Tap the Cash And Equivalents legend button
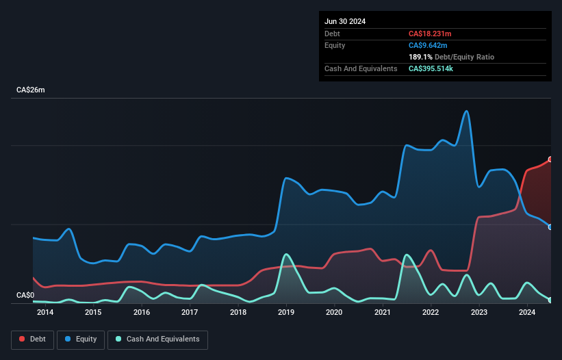[x=157, y=339]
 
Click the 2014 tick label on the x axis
[x=45, y=313]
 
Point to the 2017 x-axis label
[x=190, y=313]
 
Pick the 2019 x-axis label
[x=286, y=313]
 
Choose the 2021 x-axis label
[x=383, y=313]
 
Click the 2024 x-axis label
[x=527, y=313]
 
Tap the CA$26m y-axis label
[x=31, y=90]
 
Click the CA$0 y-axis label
[x=25, y=296]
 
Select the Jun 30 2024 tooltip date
[x=345, y=21]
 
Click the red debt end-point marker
[x=550, y=159]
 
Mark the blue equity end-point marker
[x=550, y=227]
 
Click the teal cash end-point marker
[x=550, y=300]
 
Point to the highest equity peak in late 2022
[x=466, y=111]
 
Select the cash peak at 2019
[x=286, y=254]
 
